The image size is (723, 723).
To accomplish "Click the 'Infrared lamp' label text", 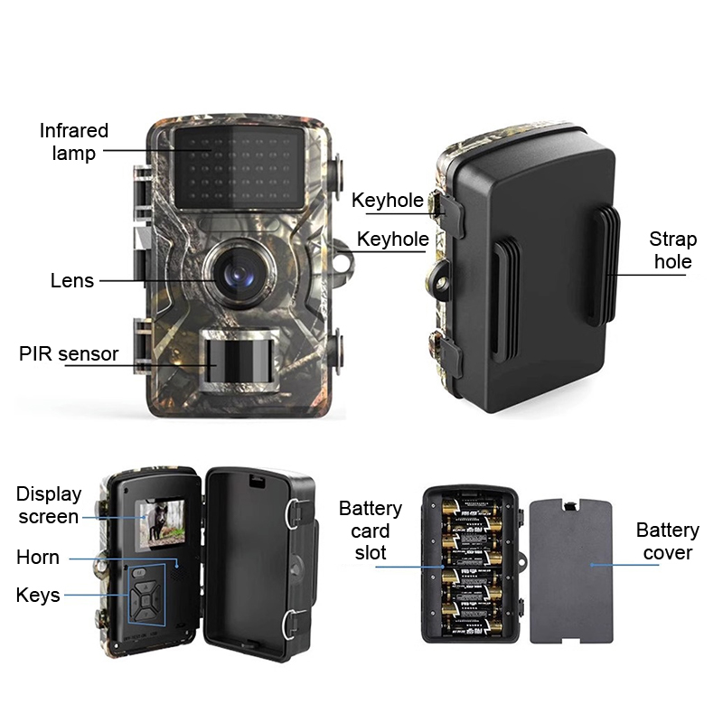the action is point(74,142).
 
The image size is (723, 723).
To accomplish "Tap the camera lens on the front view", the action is point(239,274).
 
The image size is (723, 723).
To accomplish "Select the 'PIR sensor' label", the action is point(69,353).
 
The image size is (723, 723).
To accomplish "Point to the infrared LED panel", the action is point(239,167).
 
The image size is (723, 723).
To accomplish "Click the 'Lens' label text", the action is point(72,280).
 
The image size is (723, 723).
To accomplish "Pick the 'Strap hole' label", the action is point(672,250).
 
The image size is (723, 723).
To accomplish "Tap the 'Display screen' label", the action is point(49,505).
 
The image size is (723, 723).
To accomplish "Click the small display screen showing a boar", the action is point(160,525).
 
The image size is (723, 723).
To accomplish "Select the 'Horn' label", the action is point(38,558).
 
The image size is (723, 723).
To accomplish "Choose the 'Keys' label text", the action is point(38,596).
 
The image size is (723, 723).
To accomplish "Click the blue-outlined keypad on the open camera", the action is point(146,596).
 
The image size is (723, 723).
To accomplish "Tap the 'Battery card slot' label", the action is point(371,531).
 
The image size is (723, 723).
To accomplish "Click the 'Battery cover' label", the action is point(668,541).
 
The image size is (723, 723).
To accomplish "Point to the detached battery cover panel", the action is point(571,570).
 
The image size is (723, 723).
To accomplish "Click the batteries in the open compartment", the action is point(470,565).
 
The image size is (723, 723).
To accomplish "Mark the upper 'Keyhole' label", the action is point(388,200).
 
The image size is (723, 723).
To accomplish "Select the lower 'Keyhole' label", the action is point(393,239).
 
